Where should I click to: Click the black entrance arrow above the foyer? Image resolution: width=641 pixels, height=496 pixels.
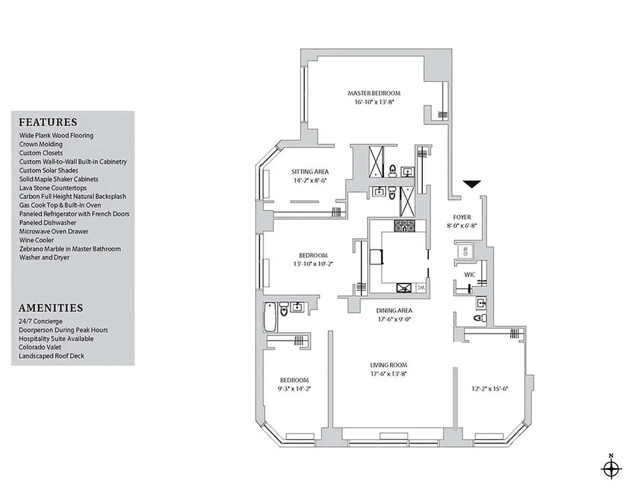coord(472,184)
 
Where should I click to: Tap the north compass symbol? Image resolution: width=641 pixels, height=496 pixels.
coord(612,468)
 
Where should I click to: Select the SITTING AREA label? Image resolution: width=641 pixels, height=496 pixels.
coord(310,172)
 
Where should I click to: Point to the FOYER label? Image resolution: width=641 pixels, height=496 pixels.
coord(462,217)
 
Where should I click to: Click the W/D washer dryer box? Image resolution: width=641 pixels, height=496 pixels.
coord(465,251)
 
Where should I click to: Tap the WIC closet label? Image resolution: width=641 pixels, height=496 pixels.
coord(469,274)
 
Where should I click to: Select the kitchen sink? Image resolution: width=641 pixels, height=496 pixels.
coord(405,287)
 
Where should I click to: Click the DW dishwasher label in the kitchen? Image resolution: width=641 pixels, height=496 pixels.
coord(420,288)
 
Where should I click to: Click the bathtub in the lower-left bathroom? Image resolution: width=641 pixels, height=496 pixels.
coord(270,316)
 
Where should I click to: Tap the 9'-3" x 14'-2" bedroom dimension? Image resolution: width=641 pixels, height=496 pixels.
coord(294,389)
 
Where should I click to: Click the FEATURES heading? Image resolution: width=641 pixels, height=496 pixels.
coord(48,122)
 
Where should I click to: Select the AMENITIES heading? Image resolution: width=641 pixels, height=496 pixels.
coord(51,308)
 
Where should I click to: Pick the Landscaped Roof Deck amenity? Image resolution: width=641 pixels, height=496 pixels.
coord(51,356)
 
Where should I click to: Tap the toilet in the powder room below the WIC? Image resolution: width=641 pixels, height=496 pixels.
coord(478,318)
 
